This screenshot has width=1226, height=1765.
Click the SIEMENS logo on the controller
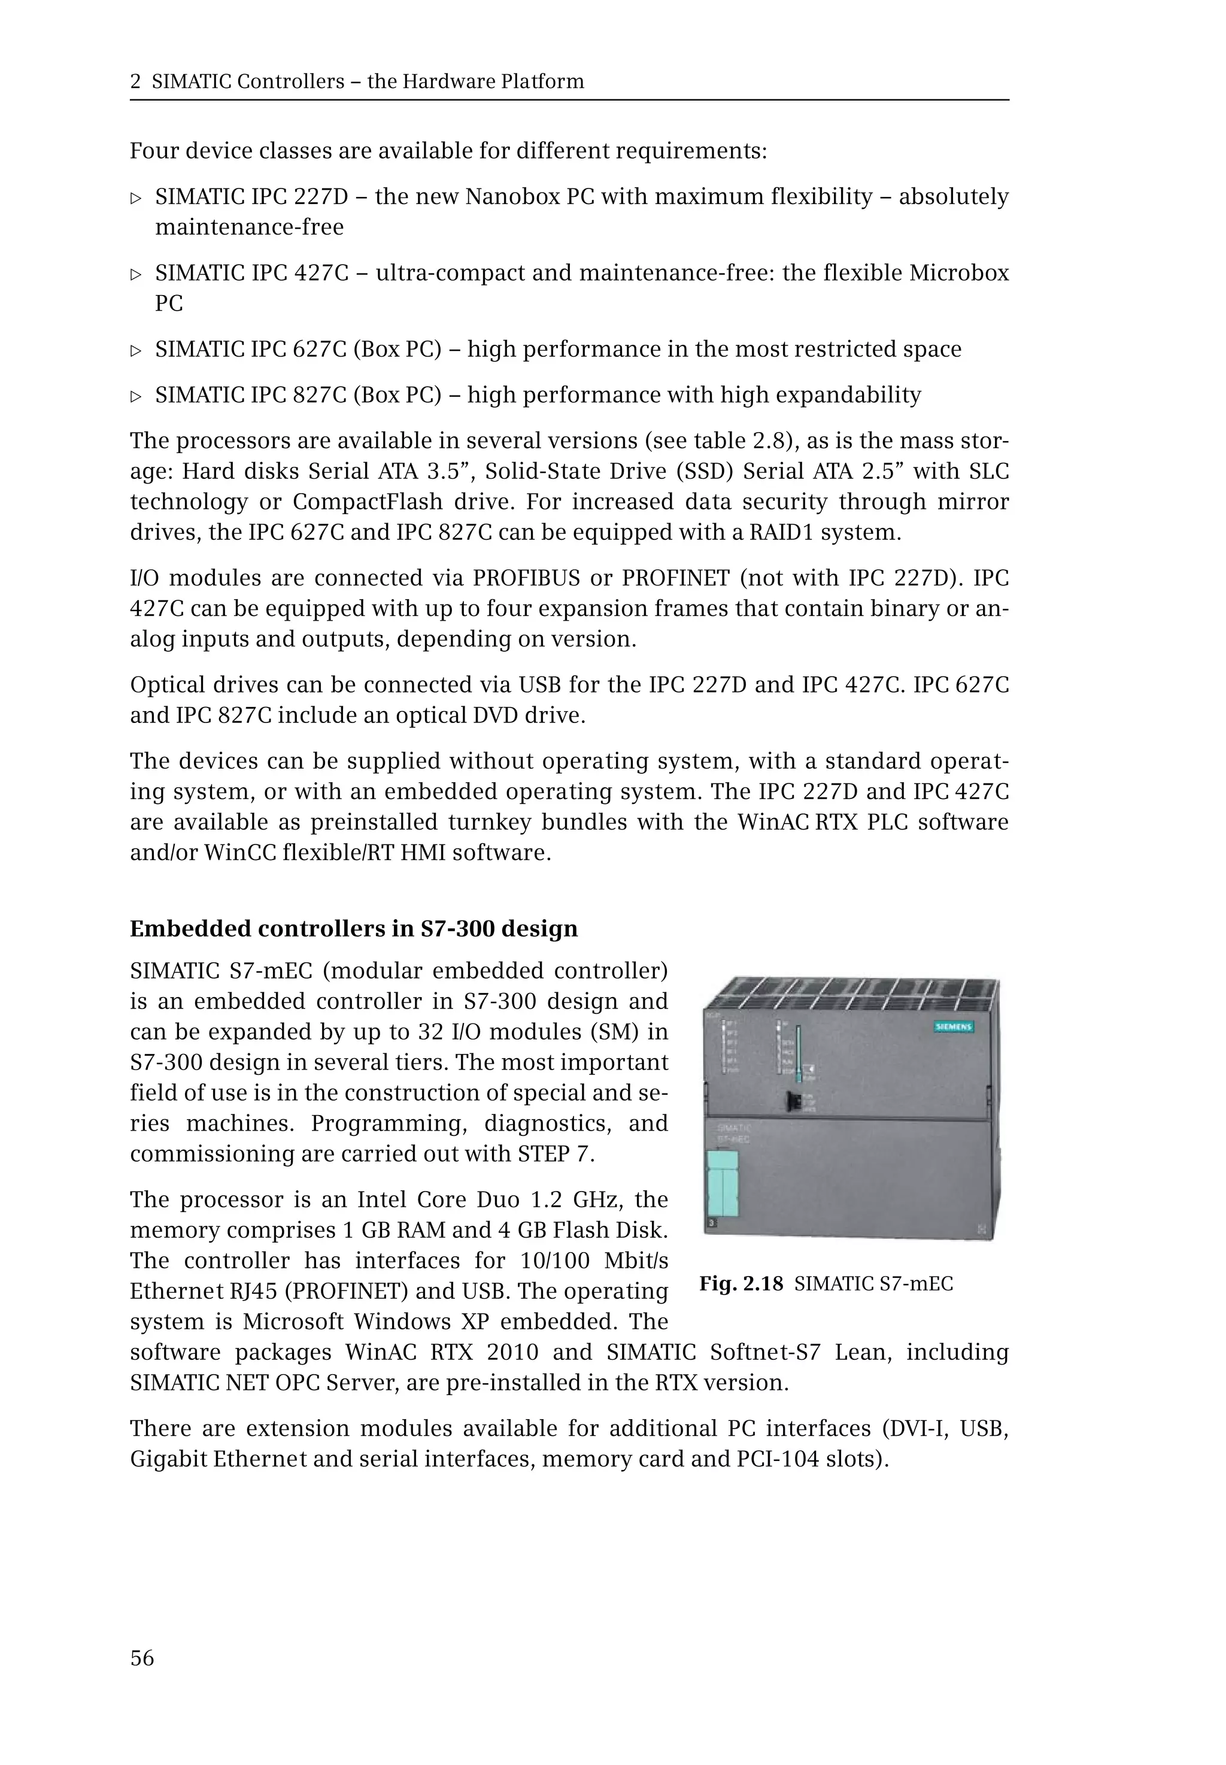952,1027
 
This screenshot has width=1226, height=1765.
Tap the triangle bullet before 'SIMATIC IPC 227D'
136,198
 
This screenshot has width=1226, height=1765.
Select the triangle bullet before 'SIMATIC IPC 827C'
136,396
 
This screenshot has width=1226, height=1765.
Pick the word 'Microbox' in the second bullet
958,273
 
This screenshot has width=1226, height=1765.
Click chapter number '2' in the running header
135,81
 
